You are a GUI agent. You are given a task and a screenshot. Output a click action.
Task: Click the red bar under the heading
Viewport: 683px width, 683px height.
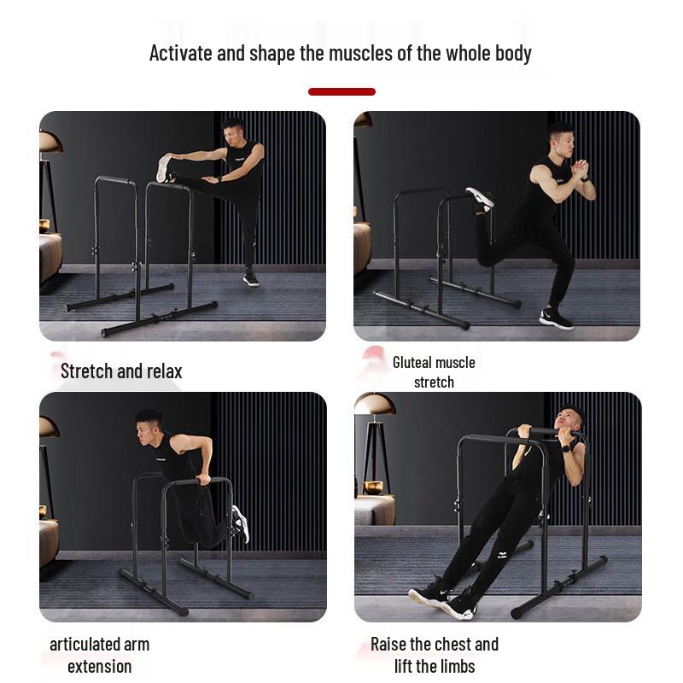[341, 91]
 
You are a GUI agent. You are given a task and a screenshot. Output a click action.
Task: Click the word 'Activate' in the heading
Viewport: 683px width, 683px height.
[181, 53]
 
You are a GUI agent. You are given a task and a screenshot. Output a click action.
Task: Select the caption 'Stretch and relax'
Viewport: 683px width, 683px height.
[121, 371]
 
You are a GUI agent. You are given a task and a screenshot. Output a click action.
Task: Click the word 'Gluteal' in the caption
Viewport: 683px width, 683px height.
[418, 362]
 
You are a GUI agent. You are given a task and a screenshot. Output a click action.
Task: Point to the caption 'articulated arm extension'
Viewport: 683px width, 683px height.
[99, 655]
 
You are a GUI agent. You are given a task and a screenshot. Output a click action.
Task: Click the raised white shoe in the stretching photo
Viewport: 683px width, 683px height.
[163, 168]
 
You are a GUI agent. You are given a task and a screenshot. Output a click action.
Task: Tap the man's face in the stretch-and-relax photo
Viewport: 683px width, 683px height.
[233, 134]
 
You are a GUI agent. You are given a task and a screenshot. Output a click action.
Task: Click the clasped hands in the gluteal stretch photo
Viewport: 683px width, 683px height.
[580, 168]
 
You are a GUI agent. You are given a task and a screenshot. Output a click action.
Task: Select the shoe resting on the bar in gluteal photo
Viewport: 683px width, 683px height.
[480, 198]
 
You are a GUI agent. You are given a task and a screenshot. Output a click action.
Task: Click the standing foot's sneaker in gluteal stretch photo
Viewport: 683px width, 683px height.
[556, 318]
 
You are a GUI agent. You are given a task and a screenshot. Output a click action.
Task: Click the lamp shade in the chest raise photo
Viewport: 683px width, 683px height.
[374, 404]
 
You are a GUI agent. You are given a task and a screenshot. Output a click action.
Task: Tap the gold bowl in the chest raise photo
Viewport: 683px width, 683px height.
[372, 487]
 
